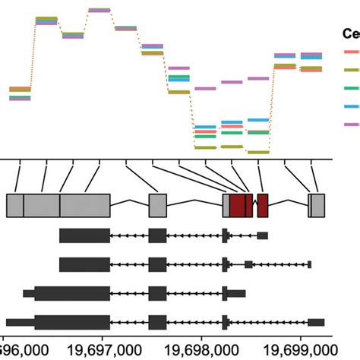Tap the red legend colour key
[x=352, y=52]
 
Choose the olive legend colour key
[x=352, y=69]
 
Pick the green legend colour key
[x=352, y=87]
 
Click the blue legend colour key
[x=352, y=106]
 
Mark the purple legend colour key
[x=352, y=124]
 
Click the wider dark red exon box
[x=241, y=206]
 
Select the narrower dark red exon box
[x=263, y=206]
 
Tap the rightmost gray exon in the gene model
[x=317, y=206]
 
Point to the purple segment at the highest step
[x=99, y=10]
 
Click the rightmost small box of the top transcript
[x=262, y=235]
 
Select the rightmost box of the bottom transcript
[x=316, y=322]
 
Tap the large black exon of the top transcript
[x=84, y=235]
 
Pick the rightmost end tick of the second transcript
[x=310, y=264]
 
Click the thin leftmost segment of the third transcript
[x=28, y=293]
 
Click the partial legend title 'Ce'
[x=351, y=33]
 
